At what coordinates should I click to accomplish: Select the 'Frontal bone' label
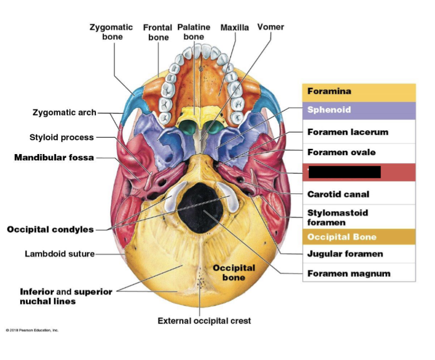pos(158,32)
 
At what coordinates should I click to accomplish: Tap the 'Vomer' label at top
pos(270,27)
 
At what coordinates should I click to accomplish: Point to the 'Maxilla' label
pos(234,28)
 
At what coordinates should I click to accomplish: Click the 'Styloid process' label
pos(61,138)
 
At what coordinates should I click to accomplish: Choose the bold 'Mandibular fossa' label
pos(54,158)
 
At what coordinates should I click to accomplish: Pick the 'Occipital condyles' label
pos(50,229)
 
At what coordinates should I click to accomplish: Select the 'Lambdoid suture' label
pos(60,254)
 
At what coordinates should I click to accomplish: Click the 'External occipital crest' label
pos(204,321)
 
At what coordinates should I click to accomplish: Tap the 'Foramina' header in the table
pos(329,92)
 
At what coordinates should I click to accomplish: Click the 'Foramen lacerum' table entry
pos(348,132)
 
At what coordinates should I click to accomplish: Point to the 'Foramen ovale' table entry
pos(341,152)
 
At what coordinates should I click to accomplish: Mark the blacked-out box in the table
pos(345,172)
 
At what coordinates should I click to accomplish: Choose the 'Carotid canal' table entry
pos(338,194)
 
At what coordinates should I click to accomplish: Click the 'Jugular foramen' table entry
pos(345,254)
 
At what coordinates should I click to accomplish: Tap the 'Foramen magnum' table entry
pos(349,274)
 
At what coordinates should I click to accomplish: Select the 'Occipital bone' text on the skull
pos(233,273)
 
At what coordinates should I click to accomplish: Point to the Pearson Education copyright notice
pos(32,330)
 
